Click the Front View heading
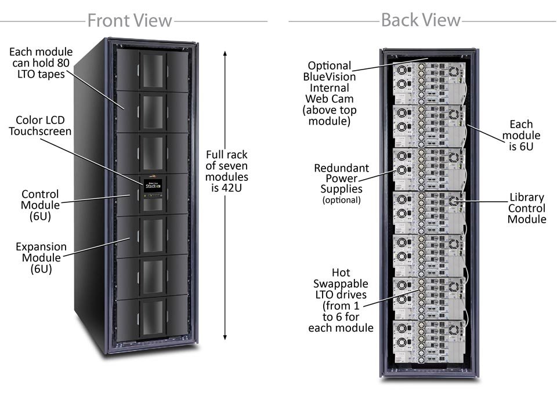click(x=129, y=21)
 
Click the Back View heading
click(x=420, y=21)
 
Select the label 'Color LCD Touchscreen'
click(x=40, y=125)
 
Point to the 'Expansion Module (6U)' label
click(x=41, y=257)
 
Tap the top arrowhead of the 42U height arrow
click(x=225, y=53)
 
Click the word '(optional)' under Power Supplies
click(x=341, y=200)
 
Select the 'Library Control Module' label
click(x=526, y=208)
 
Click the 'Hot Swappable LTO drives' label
click(x=341, y=300)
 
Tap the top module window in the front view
click(x=153, y=68)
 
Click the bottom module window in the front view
click(x=153, y=317)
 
